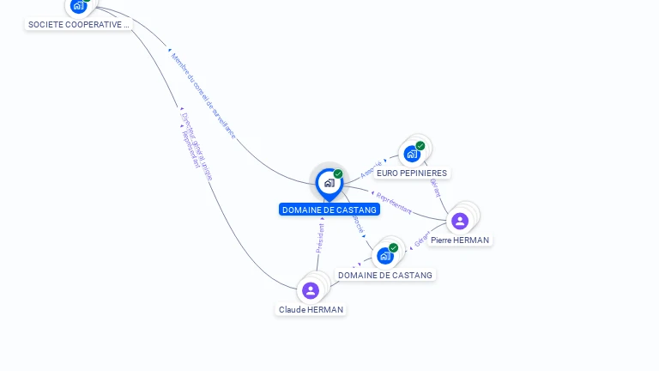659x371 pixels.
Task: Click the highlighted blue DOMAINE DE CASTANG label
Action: pos(329,210)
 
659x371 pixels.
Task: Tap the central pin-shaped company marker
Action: pos(329,183)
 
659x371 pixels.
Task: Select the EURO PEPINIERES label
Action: pos(412,173)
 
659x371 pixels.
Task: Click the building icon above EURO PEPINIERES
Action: pos(412,154)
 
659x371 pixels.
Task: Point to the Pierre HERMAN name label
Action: pos(460,240)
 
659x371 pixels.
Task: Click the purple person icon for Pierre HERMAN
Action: pos(460,221)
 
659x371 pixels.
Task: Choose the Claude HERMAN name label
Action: pos(311,309)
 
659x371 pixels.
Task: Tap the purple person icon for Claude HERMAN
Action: pos(311,290)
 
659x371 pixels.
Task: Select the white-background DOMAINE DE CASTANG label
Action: pos(385,275)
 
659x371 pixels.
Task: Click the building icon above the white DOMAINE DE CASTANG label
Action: pos(385,256)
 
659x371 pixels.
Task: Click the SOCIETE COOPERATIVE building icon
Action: pos(78,6)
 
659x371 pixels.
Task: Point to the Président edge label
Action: pos(319,238)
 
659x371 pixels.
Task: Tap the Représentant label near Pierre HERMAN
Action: pos(394,203)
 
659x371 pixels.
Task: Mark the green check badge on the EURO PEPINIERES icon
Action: pos(420,146)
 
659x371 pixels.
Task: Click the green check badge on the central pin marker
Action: pos(338,174)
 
